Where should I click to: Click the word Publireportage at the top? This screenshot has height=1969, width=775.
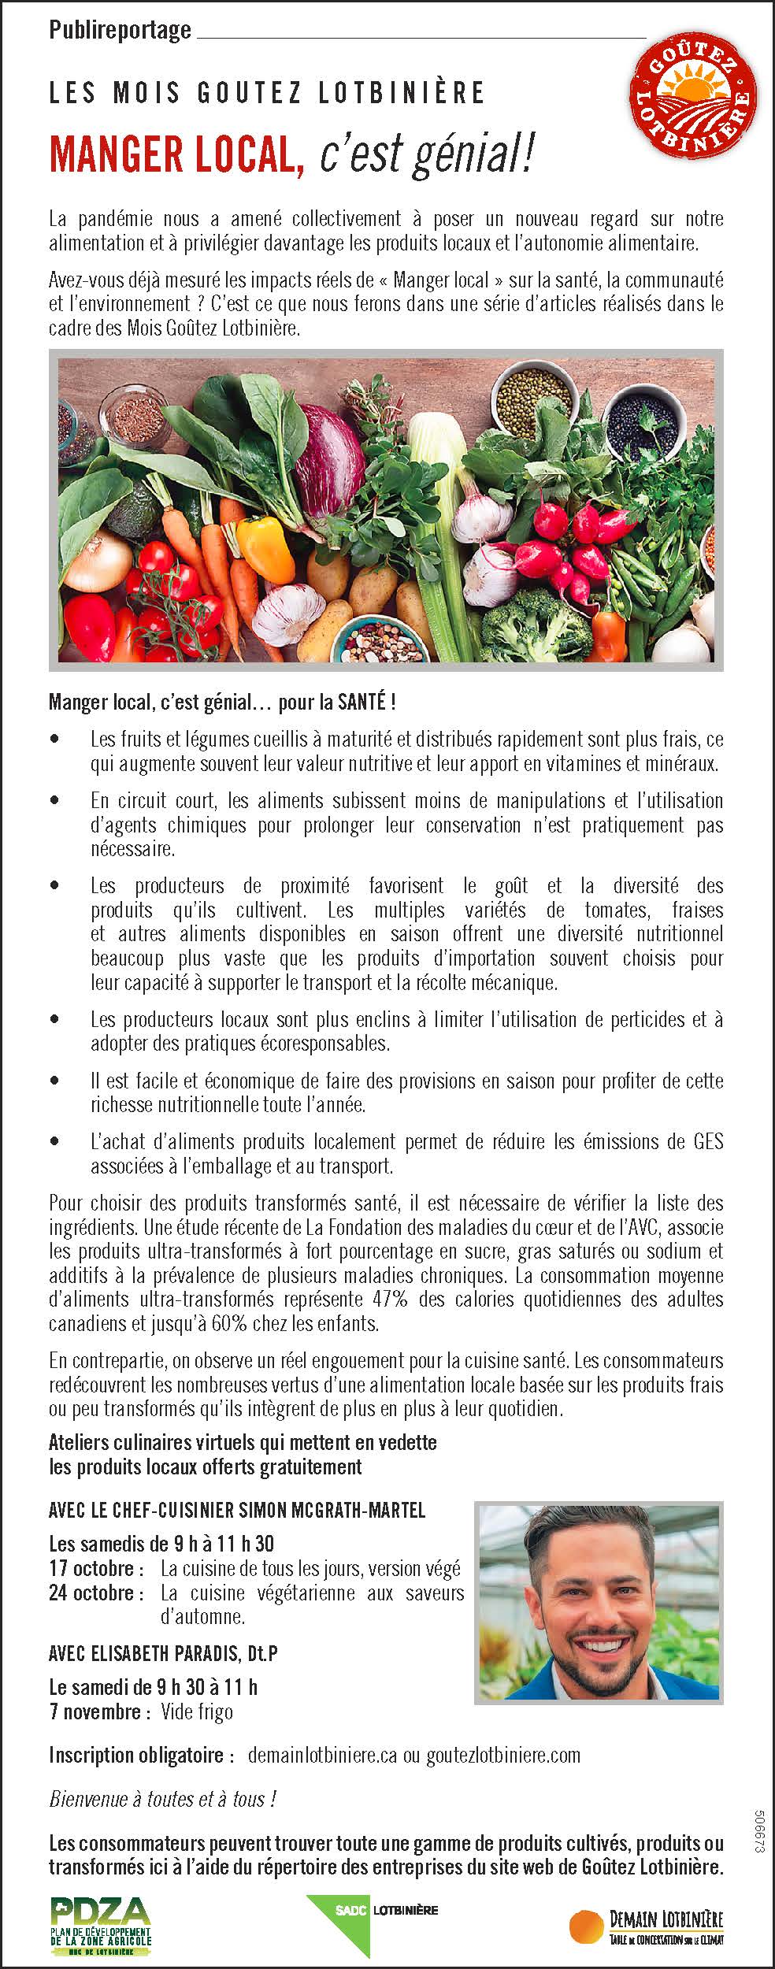click(x=120, y=30)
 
